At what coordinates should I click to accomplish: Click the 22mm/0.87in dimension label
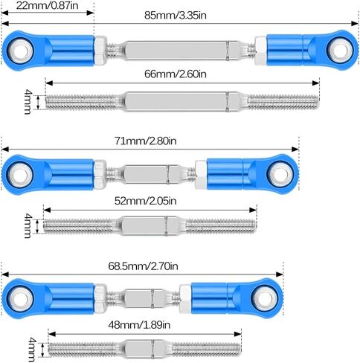tap(48, 5)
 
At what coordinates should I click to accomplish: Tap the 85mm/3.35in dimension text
tap(176, 16)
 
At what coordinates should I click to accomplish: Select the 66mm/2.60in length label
tap(176, 74)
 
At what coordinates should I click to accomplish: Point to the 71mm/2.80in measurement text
tap(146, 141)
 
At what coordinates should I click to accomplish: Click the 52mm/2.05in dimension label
tap(146, 201)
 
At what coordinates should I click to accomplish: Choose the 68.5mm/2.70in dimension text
tap(143, 266)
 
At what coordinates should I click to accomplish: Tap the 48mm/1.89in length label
tap(139, 324)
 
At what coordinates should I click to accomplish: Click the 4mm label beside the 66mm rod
tap(28, 102)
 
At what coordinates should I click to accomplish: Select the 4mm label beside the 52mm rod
tap(28, 226)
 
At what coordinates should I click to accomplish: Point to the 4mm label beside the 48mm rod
tap(33, 350)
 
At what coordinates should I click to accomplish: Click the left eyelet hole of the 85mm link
tap(21, 51)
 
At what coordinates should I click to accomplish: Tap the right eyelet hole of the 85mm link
tap(340, 50)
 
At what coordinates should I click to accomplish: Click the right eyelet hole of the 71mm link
tap(280, 174)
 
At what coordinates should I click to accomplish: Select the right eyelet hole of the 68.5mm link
tap(264, 298)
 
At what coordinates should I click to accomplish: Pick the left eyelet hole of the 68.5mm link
tap(21, 298)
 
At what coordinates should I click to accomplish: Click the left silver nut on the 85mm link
tap(100, 51)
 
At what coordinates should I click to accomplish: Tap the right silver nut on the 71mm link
tap(201, 174)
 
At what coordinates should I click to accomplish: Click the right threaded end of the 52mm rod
tap(220, 225)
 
